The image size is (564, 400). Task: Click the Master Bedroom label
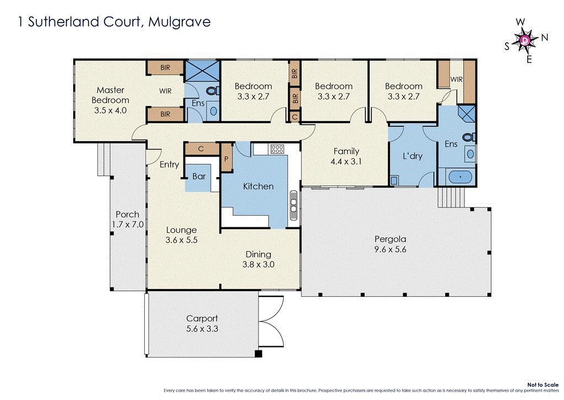tap(110, 95)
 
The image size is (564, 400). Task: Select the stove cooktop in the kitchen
tap(277, 149)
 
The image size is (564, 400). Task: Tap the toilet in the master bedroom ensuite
tap(211, 92)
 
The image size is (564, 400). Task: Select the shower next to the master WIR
tap(201, 71)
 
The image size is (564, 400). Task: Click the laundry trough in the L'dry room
tap(394, 180)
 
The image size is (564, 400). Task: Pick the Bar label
tap(199, 177)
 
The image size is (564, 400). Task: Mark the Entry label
tap(169, 164)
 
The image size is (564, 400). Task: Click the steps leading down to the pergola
tap(449, 196)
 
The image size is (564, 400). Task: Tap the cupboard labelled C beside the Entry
tap(200, 148)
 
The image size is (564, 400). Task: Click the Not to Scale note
tap(543, 384)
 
